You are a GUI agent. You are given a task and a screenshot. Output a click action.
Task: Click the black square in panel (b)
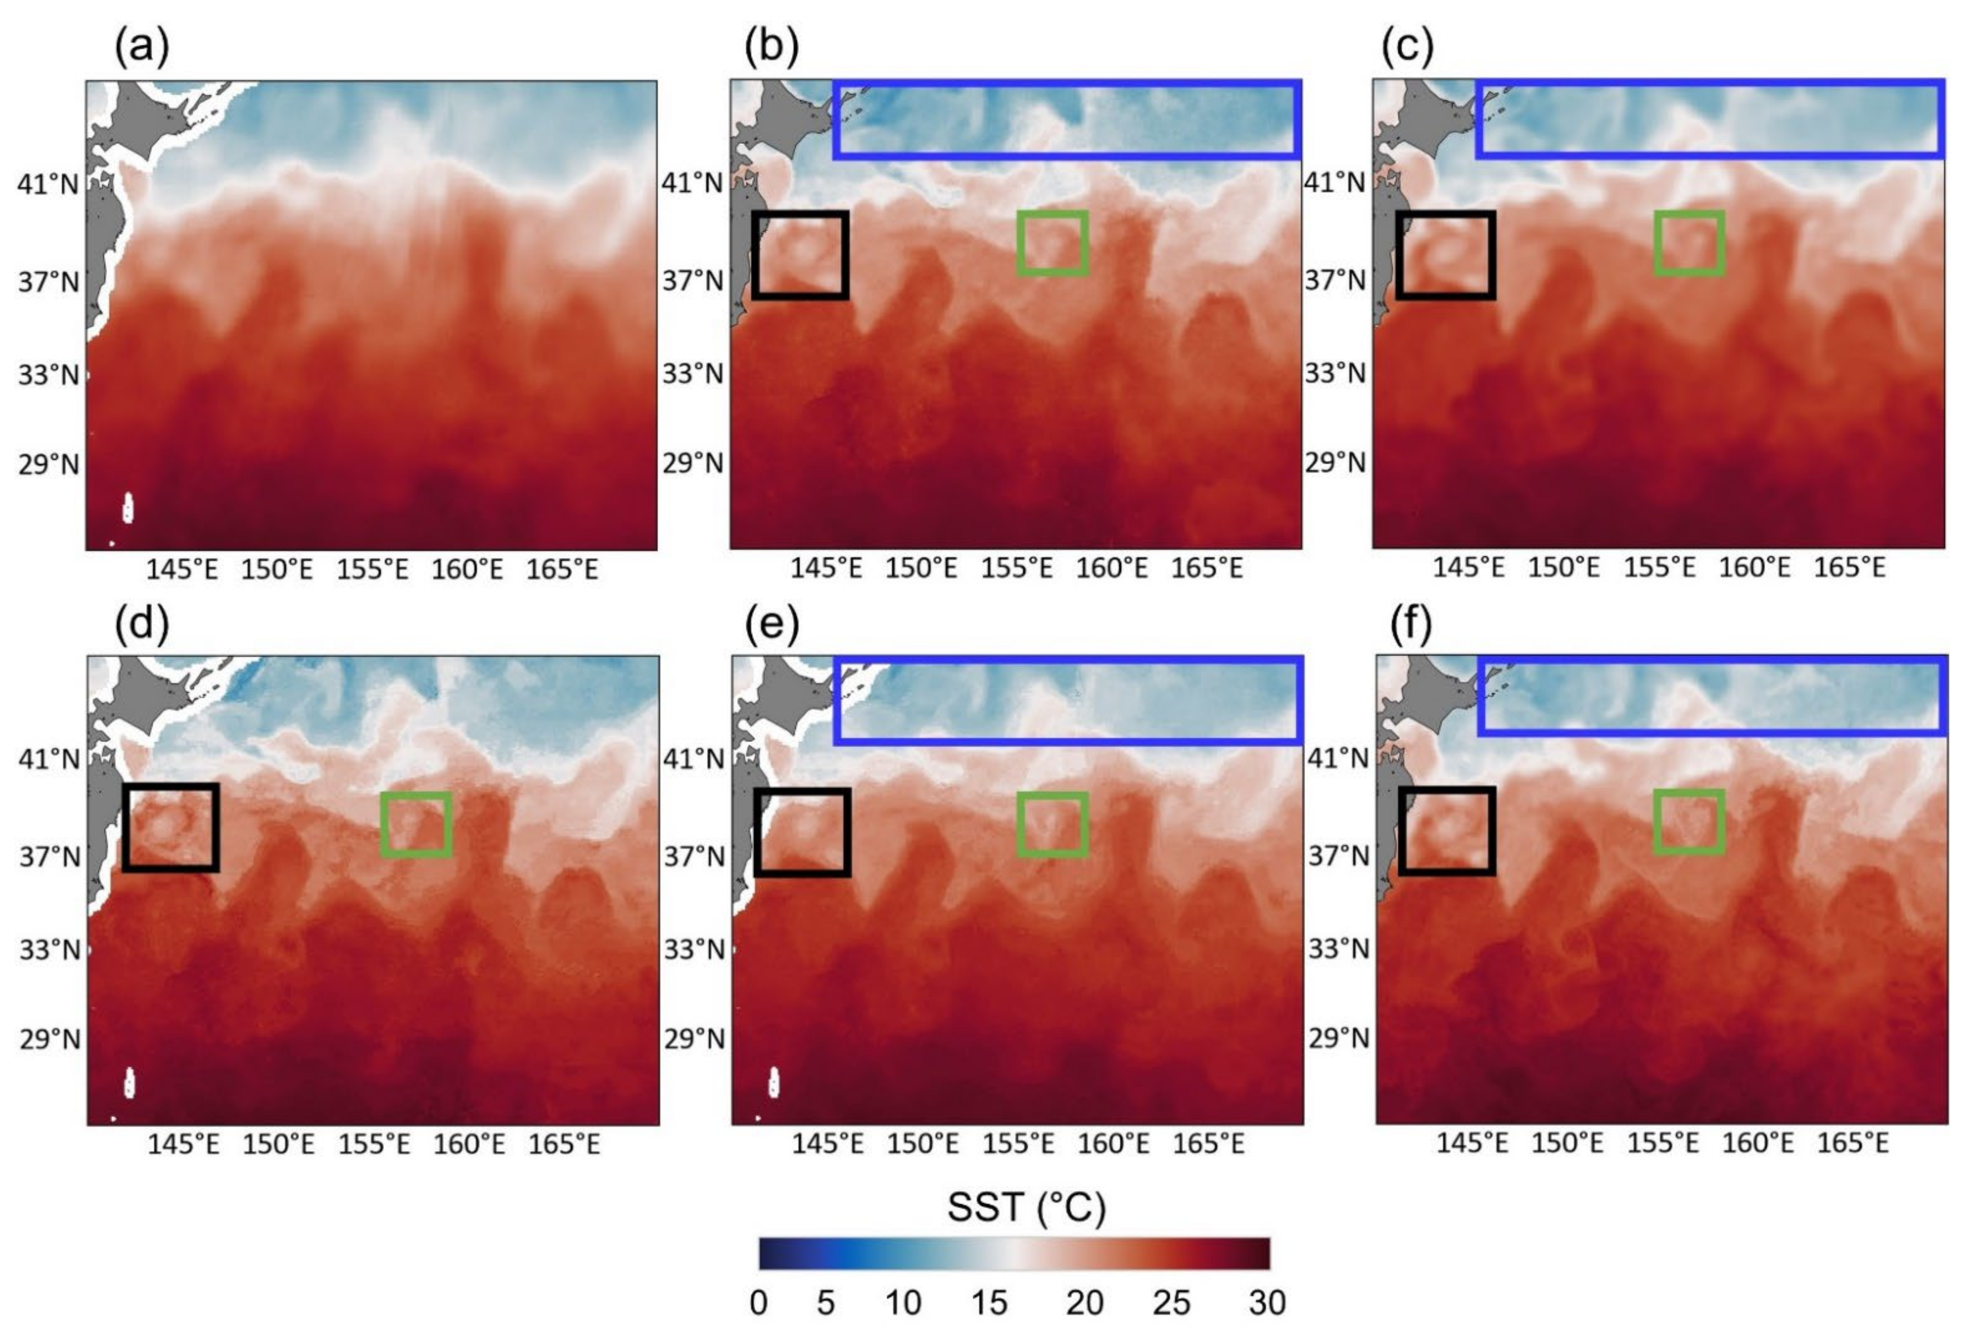tap(800, 255)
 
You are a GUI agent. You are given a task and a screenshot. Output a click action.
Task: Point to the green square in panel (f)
tap(1689, 822)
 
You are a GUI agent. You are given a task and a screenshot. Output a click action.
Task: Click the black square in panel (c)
tap(1446, 255)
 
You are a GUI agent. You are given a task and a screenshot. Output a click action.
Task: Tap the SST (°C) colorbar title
tap(1027, 1207)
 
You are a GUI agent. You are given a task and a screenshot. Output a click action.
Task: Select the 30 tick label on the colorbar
tap(1266, 1302)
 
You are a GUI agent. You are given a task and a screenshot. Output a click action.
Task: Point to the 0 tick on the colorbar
tap(759, 1302)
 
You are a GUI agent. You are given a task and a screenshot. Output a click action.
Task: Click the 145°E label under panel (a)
tap(182, 569)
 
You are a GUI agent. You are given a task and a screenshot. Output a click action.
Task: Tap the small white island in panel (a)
tap(128, 508)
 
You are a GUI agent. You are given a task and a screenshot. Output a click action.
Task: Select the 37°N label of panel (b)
tap(693, 280)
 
